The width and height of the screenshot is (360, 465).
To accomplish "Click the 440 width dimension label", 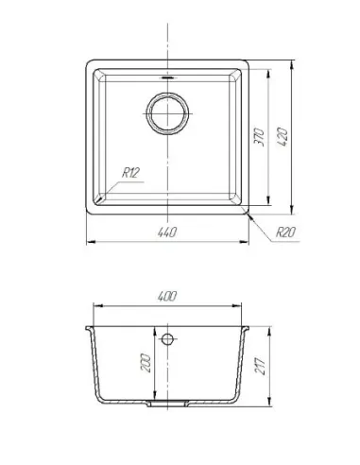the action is [x=167, y=232].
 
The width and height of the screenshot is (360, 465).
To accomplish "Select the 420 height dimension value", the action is [x=283, y=137].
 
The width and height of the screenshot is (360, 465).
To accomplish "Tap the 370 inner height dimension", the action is [x=260, y=137].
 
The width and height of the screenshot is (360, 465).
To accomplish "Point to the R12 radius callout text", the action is [x=130, y=173].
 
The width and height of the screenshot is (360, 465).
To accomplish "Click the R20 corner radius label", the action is [x=285, y=232].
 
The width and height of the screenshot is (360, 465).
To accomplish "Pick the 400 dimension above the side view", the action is [x=167, y=296].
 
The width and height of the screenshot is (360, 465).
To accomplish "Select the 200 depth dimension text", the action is [x=147, y=363].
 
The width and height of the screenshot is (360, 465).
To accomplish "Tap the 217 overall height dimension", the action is [x=261, y=366].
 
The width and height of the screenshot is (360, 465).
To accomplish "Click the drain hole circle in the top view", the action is [x=167, y=113].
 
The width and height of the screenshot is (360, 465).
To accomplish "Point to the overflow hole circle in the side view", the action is [x=167, y=339].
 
